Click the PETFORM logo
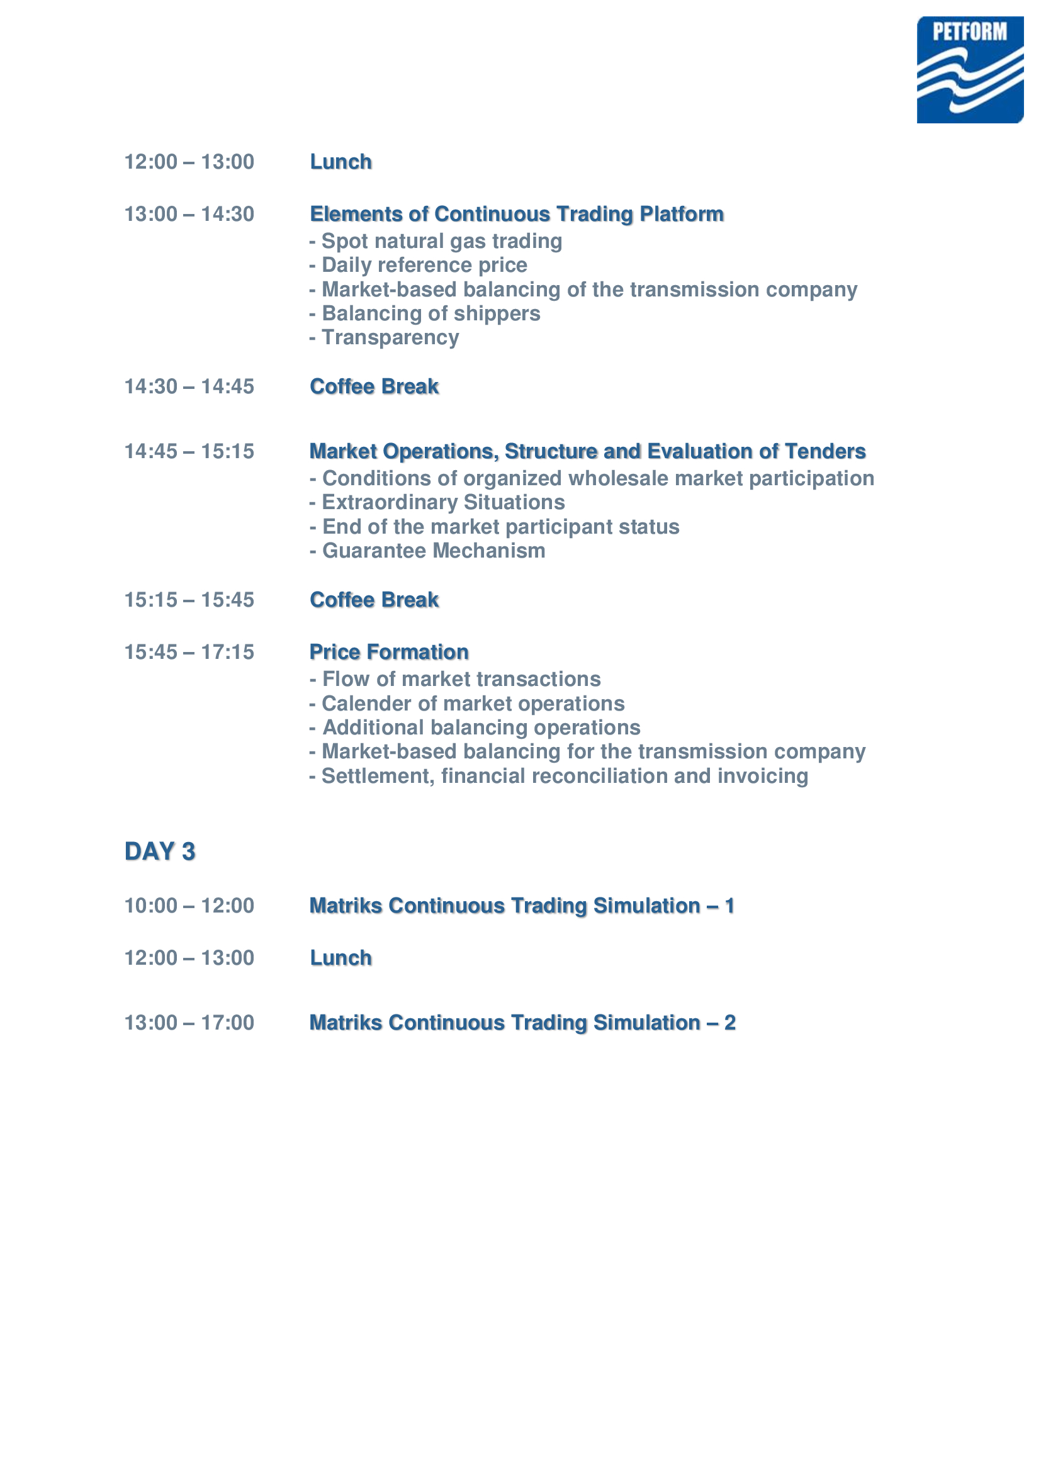pos(969,69)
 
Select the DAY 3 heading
pos(160,851)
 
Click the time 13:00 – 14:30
pos(189,214)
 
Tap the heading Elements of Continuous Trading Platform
pos(517,214)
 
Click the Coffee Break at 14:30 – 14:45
pos(374,386)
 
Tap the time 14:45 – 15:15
pos(189,451)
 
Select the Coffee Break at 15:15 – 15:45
pos(374,600)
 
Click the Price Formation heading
pos(389,652)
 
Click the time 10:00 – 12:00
pos(189,906)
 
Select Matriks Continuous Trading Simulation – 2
pos(522,1023)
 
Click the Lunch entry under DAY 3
pos(341,958)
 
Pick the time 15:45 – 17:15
pos(189,652)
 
